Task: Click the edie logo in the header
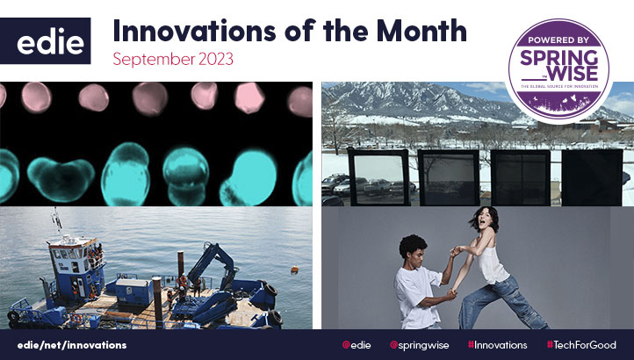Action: [x=52, y=41]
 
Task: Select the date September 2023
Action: [x=174, y=62]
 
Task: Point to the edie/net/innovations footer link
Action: [x=71, y=345]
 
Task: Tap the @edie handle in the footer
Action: [x=357, y=345]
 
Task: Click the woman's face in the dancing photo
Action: [x=483, y=220]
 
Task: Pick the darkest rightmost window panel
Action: [x=591, y=176]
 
